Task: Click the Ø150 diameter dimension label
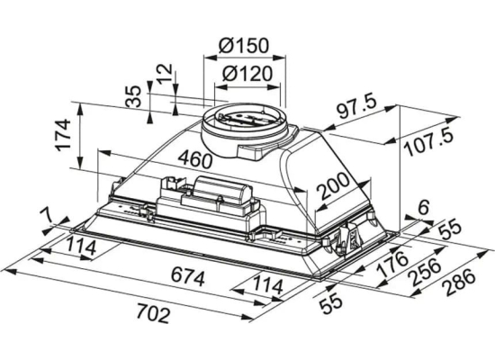tap(244, 46)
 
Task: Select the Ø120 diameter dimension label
tap(247, 74)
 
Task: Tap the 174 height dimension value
tap(62, 134)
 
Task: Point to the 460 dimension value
tap(194, 159)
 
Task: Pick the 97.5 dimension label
tap(356, 108)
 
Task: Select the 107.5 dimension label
tap(430, 143)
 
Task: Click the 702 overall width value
tap(154, 313)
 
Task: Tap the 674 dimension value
tap(188, 276)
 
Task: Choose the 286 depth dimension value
tap(459, 282)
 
